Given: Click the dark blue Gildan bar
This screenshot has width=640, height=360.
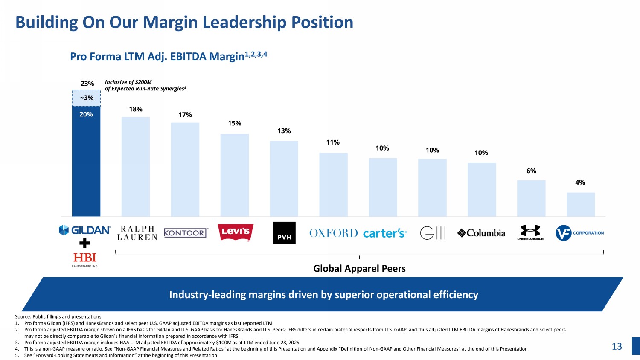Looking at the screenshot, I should click(86, 162).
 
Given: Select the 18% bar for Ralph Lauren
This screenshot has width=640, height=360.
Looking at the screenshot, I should click(136, 166).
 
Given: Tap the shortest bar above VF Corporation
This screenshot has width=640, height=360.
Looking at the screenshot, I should click(580, 204).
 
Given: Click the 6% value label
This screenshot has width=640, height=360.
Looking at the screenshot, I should click(531, 171).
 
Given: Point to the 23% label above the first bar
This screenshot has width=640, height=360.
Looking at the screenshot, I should click(87, 84).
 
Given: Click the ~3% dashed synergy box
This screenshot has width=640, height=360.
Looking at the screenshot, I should click(86, 98).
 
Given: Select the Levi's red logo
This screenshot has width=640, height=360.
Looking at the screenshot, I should click(236, 232).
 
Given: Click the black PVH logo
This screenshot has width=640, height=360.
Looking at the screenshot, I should click(284, 233).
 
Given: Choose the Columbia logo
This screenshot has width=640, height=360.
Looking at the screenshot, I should click(481, 233).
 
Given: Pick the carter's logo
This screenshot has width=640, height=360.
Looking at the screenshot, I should click(385, 233).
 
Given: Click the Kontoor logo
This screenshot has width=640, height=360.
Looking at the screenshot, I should click(186, 233).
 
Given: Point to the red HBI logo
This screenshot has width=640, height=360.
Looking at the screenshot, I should click(85, 258).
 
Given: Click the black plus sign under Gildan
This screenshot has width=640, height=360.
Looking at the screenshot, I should click(85, 244).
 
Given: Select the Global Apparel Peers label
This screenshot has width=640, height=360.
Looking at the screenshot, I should click(359, 268).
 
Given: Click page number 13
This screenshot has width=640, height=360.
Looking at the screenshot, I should click(617, 346).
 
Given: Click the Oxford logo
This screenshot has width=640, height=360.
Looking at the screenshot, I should click(334, 233).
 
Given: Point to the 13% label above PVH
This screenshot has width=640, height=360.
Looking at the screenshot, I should click(284, 131).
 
